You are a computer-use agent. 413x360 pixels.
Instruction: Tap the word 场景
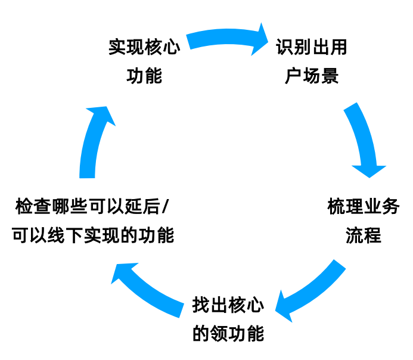pos(321,76)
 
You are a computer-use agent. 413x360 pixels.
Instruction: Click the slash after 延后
pos(165,207)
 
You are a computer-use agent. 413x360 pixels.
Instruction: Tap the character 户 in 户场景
pos(291,76)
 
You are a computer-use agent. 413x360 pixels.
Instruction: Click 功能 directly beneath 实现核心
pos(144,76)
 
